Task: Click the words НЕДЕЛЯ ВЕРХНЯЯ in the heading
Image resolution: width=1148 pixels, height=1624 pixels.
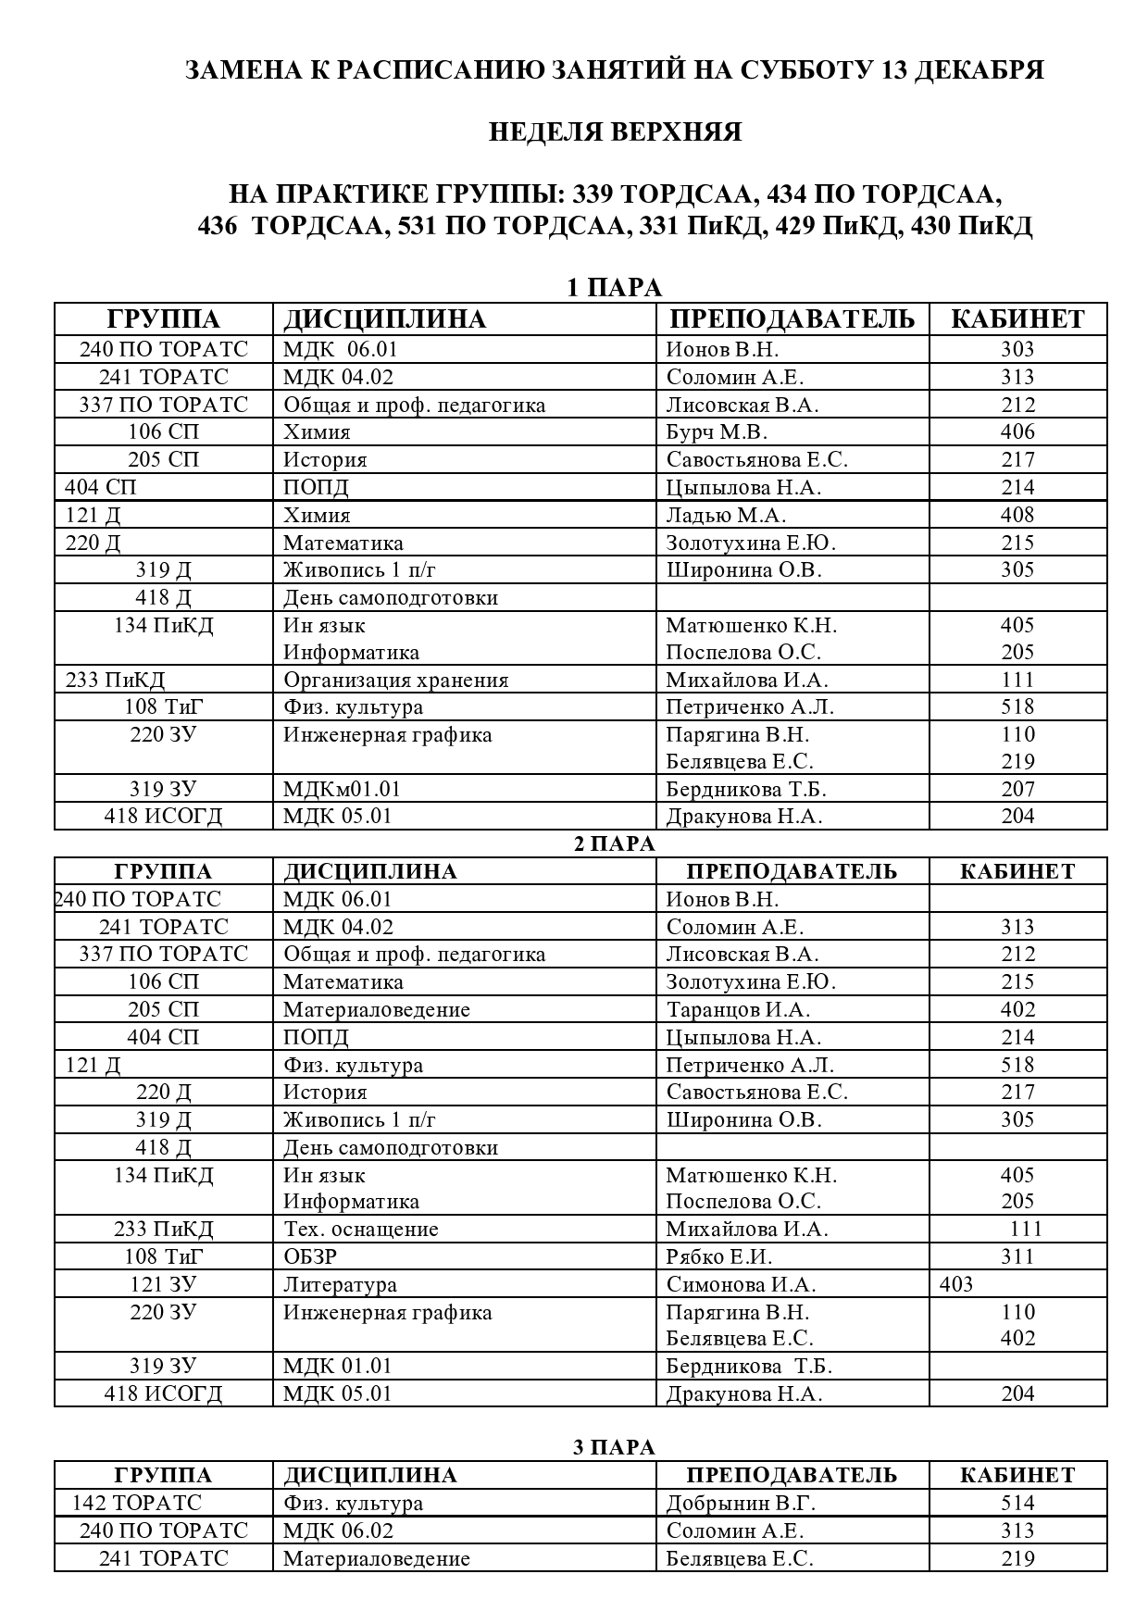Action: click(x=615, y=132)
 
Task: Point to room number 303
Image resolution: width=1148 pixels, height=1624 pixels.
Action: click(x=1017, y=349)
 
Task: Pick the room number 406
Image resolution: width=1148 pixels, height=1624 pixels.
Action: click(x=1017, y=431)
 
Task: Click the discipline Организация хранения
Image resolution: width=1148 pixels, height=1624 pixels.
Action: click(x=395, y=680)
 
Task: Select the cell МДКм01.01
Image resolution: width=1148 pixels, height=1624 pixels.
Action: click(x=342, y=789)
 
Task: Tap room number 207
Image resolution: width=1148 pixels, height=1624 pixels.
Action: click(x=1017, y=789)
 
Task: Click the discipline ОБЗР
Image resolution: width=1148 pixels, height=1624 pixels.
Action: click(x=310, y=1256)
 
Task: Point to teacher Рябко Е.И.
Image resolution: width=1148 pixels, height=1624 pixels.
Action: click(x=719, y=1256)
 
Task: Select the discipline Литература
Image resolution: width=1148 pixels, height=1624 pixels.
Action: click(x=340, y=1284)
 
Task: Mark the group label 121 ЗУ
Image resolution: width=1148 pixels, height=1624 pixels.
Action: click(x=163, y=1284)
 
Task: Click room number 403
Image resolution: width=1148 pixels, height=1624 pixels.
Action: click(x=955, y=1284)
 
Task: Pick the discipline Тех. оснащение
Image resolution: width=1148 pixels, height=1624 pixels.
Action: click(x=360, y=1229)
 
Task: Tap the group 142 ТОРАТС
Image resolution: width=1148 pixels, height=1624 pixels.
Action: click(x=137, y=1503)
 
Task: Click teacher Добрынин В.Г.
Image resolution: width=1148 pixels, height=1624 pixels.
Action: click(x=741, y=1503)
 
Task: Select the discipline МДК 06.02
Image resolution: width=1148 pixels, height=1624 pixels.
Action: click(x=337, y=1530)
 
